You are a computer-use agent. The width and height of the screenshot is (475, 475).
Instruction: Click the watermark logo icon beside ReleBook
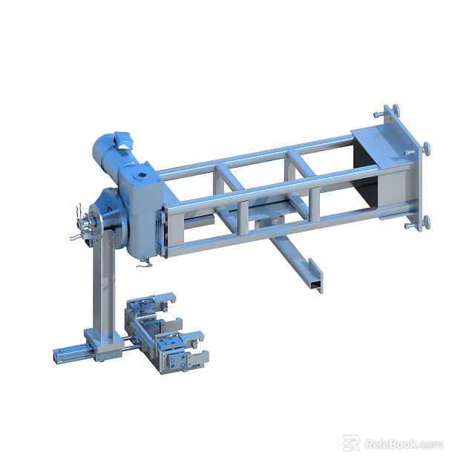click(352, 443)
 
